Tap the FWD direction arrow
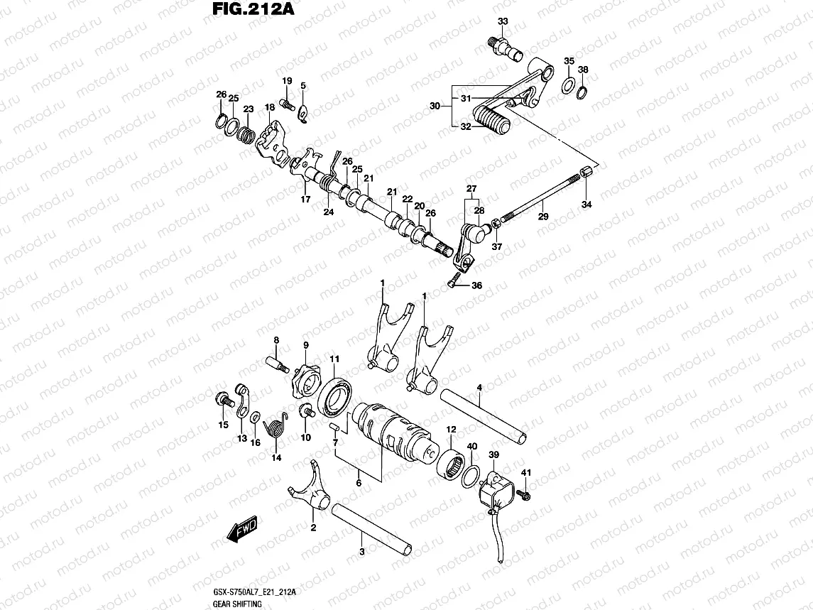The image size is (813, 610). pyautogui.click(x=242, y=530)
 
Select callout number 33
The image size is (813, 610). pyautogui.click(x=503, y=22)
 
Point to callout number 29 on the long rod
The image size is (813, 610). pyautogui.click(x=542, y=216)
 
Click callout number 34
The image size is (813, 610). pyautogui.click(x=586, y=205)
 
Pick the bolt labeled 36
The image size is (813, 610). pyautogui.click(x=453, y=283)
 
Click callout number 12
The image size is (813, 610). pyautogui.click(x=451, y=430)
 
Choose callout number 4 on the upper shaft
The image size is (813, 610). pyautogui.click(x=480, y=387)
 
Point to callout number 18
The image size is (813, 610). pyautogui.click(x=269, y=107)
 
